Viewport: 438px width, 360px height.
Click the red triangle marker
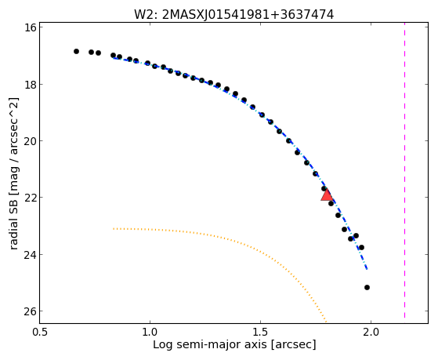tap(327, 195)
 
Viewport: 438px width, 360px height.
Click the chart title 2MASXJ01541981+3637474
tap(248, 15)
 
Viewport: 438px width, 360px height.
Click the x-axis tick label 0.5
tap(41, 333)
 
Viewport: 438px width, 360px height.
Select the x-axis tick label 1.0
tap(150, 333)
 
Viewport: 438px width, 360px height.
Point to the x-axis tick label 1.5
tap(261, 333)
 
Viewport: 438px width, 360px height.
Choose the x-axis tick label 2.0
tap(371, 333)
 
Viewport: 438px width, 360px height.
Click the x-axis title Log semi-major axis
tap(210, 344)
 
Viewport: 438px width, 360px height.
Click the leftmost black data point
tap(76, 51)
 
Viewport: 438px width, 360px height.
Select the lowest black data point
tap(367, 287)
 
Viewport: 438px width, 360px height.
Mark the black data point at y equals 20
tap(288, 140)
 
